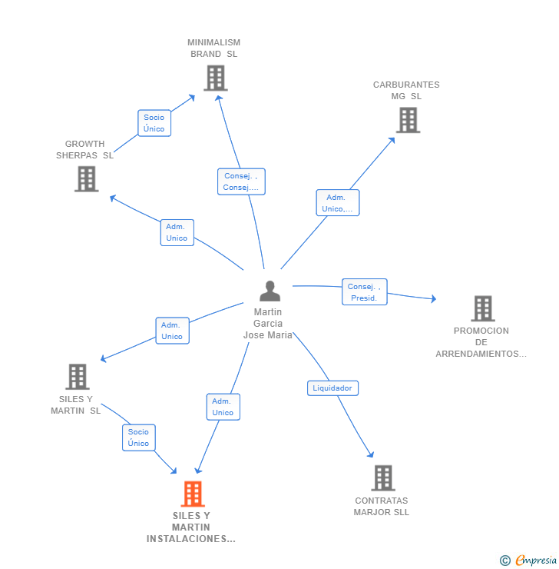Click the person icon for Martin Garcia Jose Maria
tap(270, 291)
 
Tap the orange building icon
tap(193, 494)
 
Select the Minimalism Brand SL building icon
tap(216, 78)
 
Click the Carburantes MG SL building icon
tap(408, 120)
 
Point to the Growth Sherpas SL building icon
tap(87, 179)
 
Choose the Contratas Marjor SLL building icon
tap(383, 478)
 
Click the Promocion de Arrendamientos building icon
tap(483, 309)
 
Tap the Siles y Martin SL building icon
tap(78, 377)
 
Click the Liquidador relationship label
tap(332, 388)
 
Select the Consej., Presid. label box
tap(365, 292)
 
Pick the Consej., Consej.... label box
tap(241, 181)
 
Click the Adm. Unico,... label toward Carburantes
tap(338, 203)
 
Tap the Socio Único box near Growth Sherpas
tap(154, 123)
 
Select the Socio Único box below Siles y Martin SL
tap(139, 438)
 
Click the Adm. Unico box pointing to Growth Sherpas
tap(177, 233)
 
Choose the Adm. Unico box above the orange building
tap(223, 407)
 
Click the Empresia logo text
tap(536, 560)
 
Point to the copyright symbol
tap(505, 561)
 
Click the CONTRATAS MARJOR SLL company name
tap(382, 506)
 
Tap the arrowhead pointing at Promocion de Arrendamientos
tap(433, 298)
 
